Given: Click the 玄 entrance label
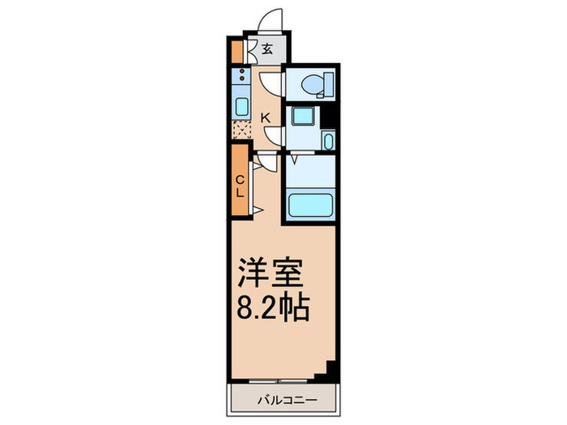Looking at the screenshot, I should click(267, 49).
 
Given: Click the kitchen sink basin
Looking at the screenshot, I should click(241, 106).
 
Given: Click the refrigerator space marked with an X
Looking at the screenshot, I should click(241, 130).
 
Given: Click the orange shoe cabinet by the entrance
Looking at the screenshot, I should click(236, 51).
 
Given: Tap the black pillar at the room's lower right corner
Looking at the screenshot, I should click(329, 371).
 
